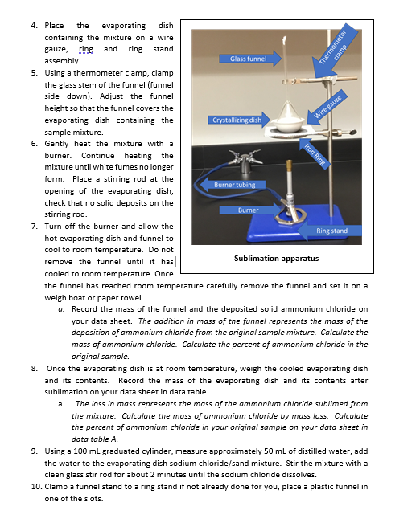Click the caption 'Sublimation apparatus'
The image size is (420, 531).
276,259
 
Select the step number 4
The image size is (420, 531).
34,26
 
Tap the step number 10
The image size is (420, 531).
36,487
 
